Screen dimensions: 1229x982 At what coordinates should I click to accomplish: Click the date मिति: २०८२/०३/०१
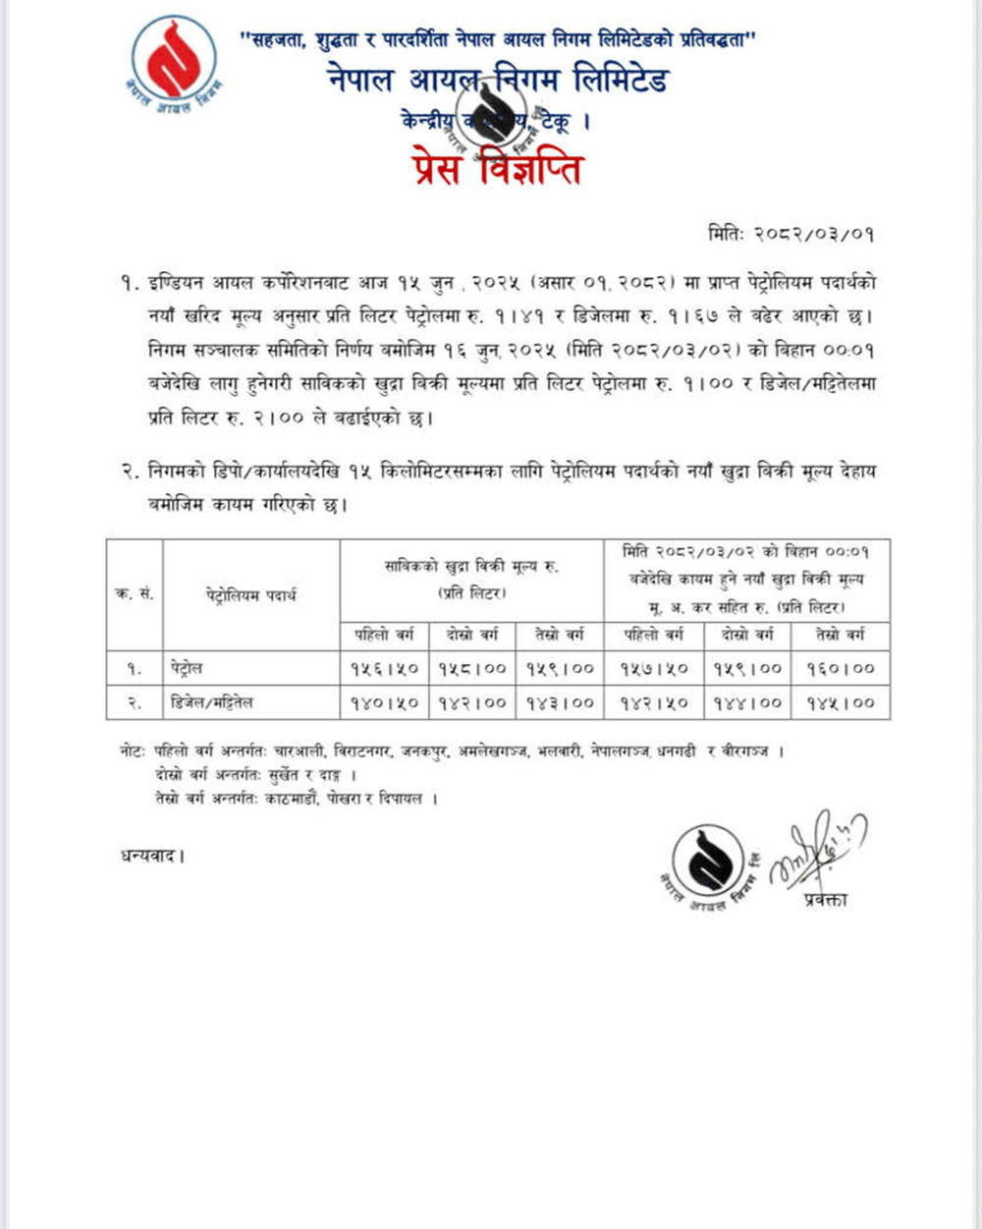[x=791, y=235]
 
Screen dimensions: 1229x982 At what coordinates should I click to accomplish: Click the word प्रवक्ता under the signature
[x=823, y=899]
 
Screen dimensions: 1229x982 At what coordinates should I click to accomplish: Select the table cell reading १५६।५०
[x=384, y=668]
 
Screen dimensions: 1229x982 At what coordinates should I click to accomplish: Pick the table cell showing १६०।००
[x=841, y=668]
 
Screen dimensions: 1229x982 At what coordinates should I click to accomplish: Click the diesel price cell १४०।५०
[x=384, y=702]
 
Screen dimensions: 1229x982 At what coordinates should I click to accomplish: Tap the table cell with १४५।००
[x=841, y=702]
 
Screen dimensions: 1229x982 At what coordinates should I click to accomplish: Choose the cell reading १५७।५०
[x=654, y=668]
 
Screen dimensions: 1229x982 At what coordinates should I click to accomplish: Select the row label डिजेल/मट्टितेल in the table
[x=212, y=702]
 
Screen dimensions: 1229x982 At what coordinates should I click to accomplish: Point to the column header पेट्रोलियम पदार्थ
[x=251, y=594]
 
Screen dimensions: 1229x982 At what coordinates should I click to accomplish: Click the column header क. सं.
[x=135, y=594]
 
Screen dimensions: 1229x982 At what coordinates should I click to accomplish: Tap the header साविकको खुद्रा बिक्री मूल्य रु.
[x=471, y=567]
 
